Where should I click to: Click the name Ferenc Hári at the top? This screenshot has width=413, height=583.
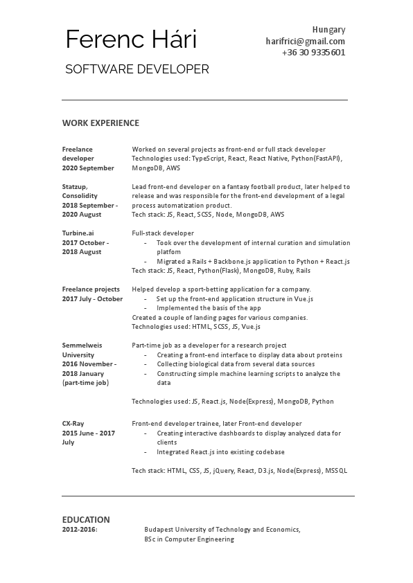click(x=131, y=41)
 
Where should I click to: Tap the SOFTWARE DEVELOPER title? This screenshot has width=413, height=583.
click(x=137, y=69)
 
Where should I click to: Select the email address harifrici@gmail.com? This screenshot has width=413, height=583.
click(x=305, y=41)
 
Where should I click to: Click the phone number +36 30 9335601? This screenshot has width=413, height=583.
click(x=313, y=53)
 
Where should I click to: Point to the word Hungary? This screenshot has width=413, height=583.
click(x=328, y=30)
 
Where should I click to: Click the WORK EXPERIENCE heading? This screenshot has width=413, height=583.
click(x=100, y=123)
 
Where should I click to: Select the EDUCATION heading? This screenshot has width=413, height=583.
click(x=86, y=519)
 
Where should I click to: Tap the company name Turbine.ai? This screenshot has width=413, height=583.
click(x=77, y=233)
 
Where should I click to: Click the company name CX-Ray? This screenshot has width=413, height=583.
click(x=73, y=423)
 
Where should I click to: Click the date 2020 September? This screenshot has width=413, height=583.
click(x=88, y=168)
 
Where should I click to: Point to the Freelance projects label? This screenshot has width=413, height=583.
click(x=91, y=289)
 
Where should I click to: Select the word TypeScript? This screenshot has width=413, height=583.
click(x=209, y=159)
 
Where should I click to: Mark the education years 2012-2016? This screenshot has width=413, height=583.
click(x=80, y=530)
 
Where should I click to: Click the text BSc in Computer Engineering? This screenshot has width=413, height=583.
click(x=189, y=539)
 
